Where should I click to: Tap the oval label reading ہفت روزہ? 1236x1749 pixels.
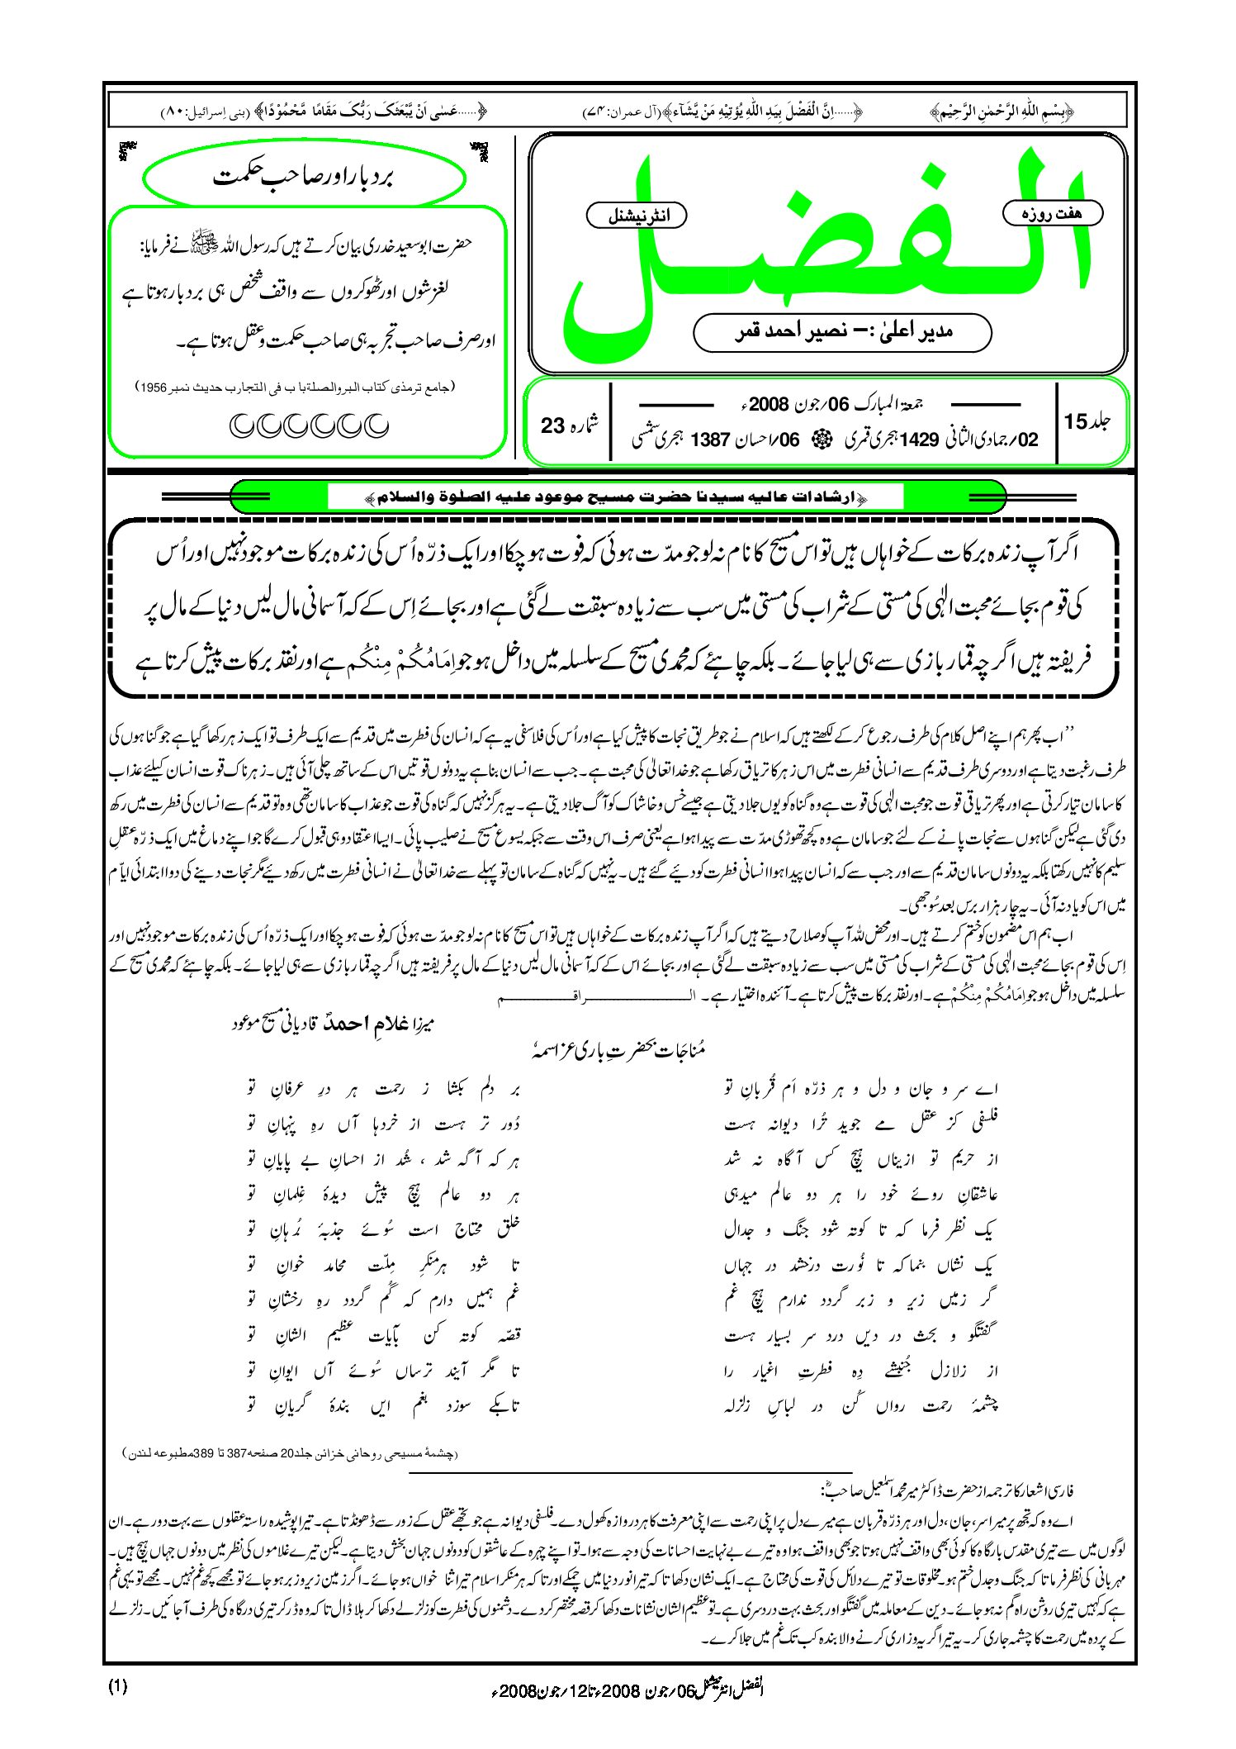[1052, 213]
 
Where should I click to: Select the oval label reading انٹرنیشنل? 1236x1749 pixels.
[637, 216]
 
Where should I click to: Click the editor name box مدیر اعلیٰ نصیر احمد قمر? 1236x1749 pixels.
[842, 332]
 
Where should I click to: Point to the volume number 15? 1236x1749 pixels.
[1076, 421]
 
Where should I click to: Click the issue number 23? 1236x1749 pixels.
[552, 425]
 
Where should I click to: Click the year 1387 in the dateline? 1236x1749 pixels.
[710, 440]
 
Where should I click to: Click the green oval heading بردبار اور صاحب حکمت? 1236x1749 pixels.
[304, 177]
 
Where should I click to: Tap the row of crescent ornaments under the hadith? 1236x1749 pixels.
[308, 425]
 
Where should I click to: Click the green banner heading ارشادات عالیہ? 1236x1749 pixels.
[616, 497]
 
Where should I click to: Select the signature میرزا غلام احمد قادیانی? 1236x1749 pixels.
[334, 1024]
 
